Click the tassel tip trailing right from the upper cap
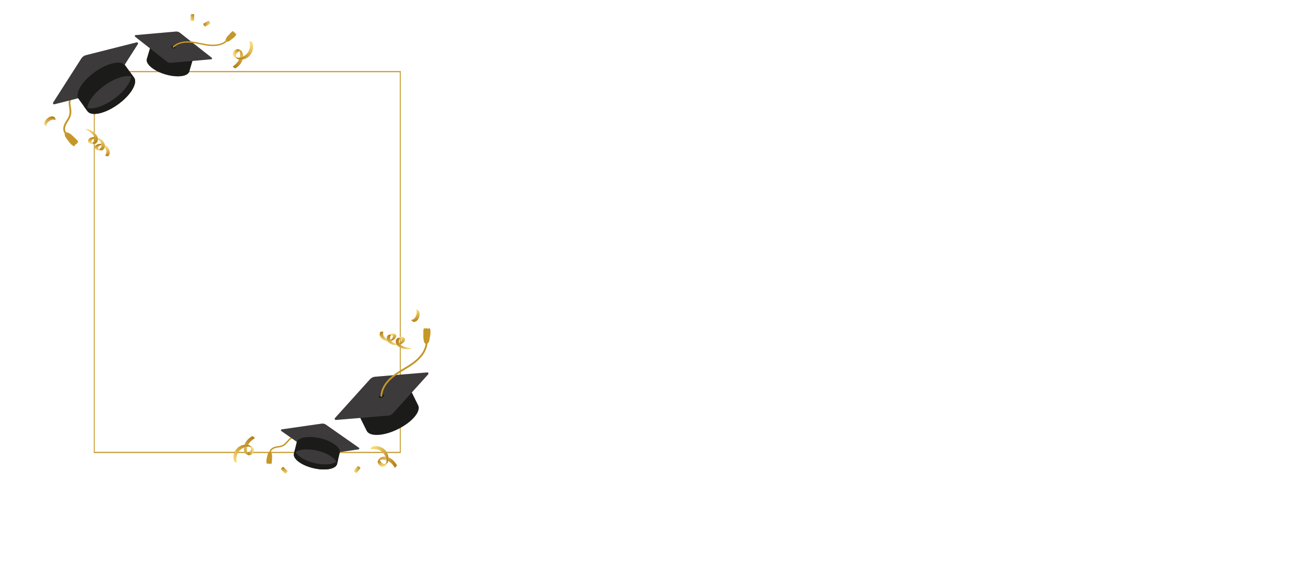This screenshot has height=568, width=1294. click(230, 36)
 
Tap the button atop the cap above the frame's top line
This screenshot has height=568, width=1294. click(174, 46)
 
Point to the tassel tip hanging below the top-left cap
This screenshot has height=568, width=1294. click(71, 139)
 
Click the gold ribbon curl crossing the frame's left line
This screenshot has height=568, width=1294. click(98, 142)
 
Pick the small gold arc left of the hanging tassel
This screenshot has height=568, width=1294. click(49, 120)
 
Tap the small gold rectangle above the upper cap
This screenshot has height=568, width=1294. click(207, 23)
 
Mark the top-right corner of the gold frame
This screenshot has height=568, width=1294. click(400, 71)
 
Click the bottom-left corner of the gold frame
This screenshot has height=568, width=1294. click(94, 452)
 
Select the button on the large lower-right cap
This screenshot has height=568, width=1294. click(381, 395)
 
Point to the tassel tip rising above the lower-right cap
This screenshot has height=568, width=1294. click(427, 334)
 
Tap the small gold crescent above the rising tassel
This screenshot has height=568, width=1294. click(416, 316)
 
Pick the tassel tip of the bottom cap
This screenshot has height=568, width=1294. click(269, 459)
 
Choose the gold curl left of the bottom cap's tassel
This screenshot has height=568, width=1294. click(244, 449)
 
